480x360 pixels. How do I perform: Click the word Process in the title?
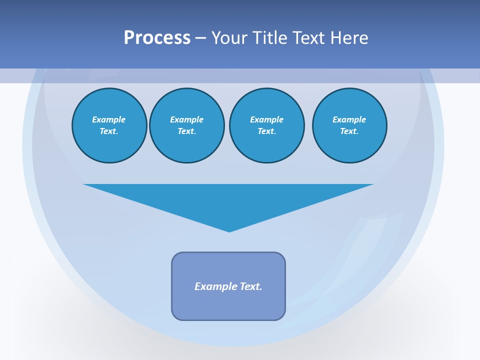tap(157, 38)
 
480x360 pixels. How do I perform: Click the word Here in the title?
tap(350, 38)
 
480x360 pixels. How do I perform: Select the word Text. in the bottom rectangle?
tap(251, 286)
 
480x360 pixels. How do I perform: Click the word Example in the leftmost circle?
tap(109, 119)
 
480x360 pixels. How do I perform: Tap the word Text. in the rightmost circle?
tap(349, 131)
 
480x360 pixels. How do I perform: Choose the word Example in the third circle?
tap(267, 119)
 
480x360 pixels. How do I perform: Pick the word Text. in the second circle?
tap(187, 131)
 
